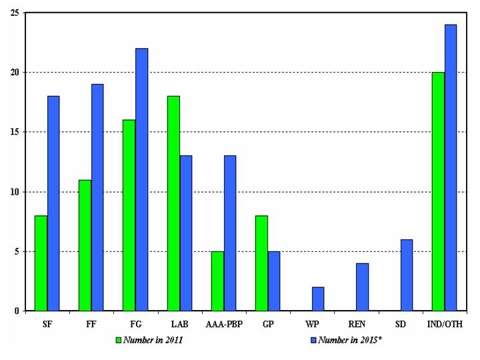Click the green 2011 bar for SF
(x=41, y=263)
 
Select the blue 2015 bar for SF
(x=53, y=203)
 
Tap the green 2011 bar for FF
(x=85, y=245)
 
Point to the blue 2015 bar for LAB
(x=185, y=233)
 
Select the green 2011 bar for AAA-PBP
(x=217, y=281)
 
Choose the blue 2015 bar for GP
(x=273, y=281)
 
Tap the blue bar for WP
(x=318, y=299)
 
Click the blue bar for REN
(x=362, y=287)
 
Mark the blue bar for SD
(x=406, y=275)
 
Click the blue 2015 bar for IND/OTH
(x=450, y=167)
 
